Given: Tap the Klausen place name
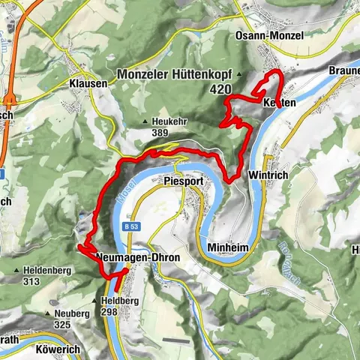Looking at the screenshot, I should click(88, 83).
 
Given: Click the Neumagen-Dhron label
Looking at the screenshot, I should click(128, 257).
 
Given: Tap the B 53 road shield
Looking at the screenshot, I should click(131, 224).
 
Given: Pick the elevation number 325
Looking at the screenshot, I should click(62, 325).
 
